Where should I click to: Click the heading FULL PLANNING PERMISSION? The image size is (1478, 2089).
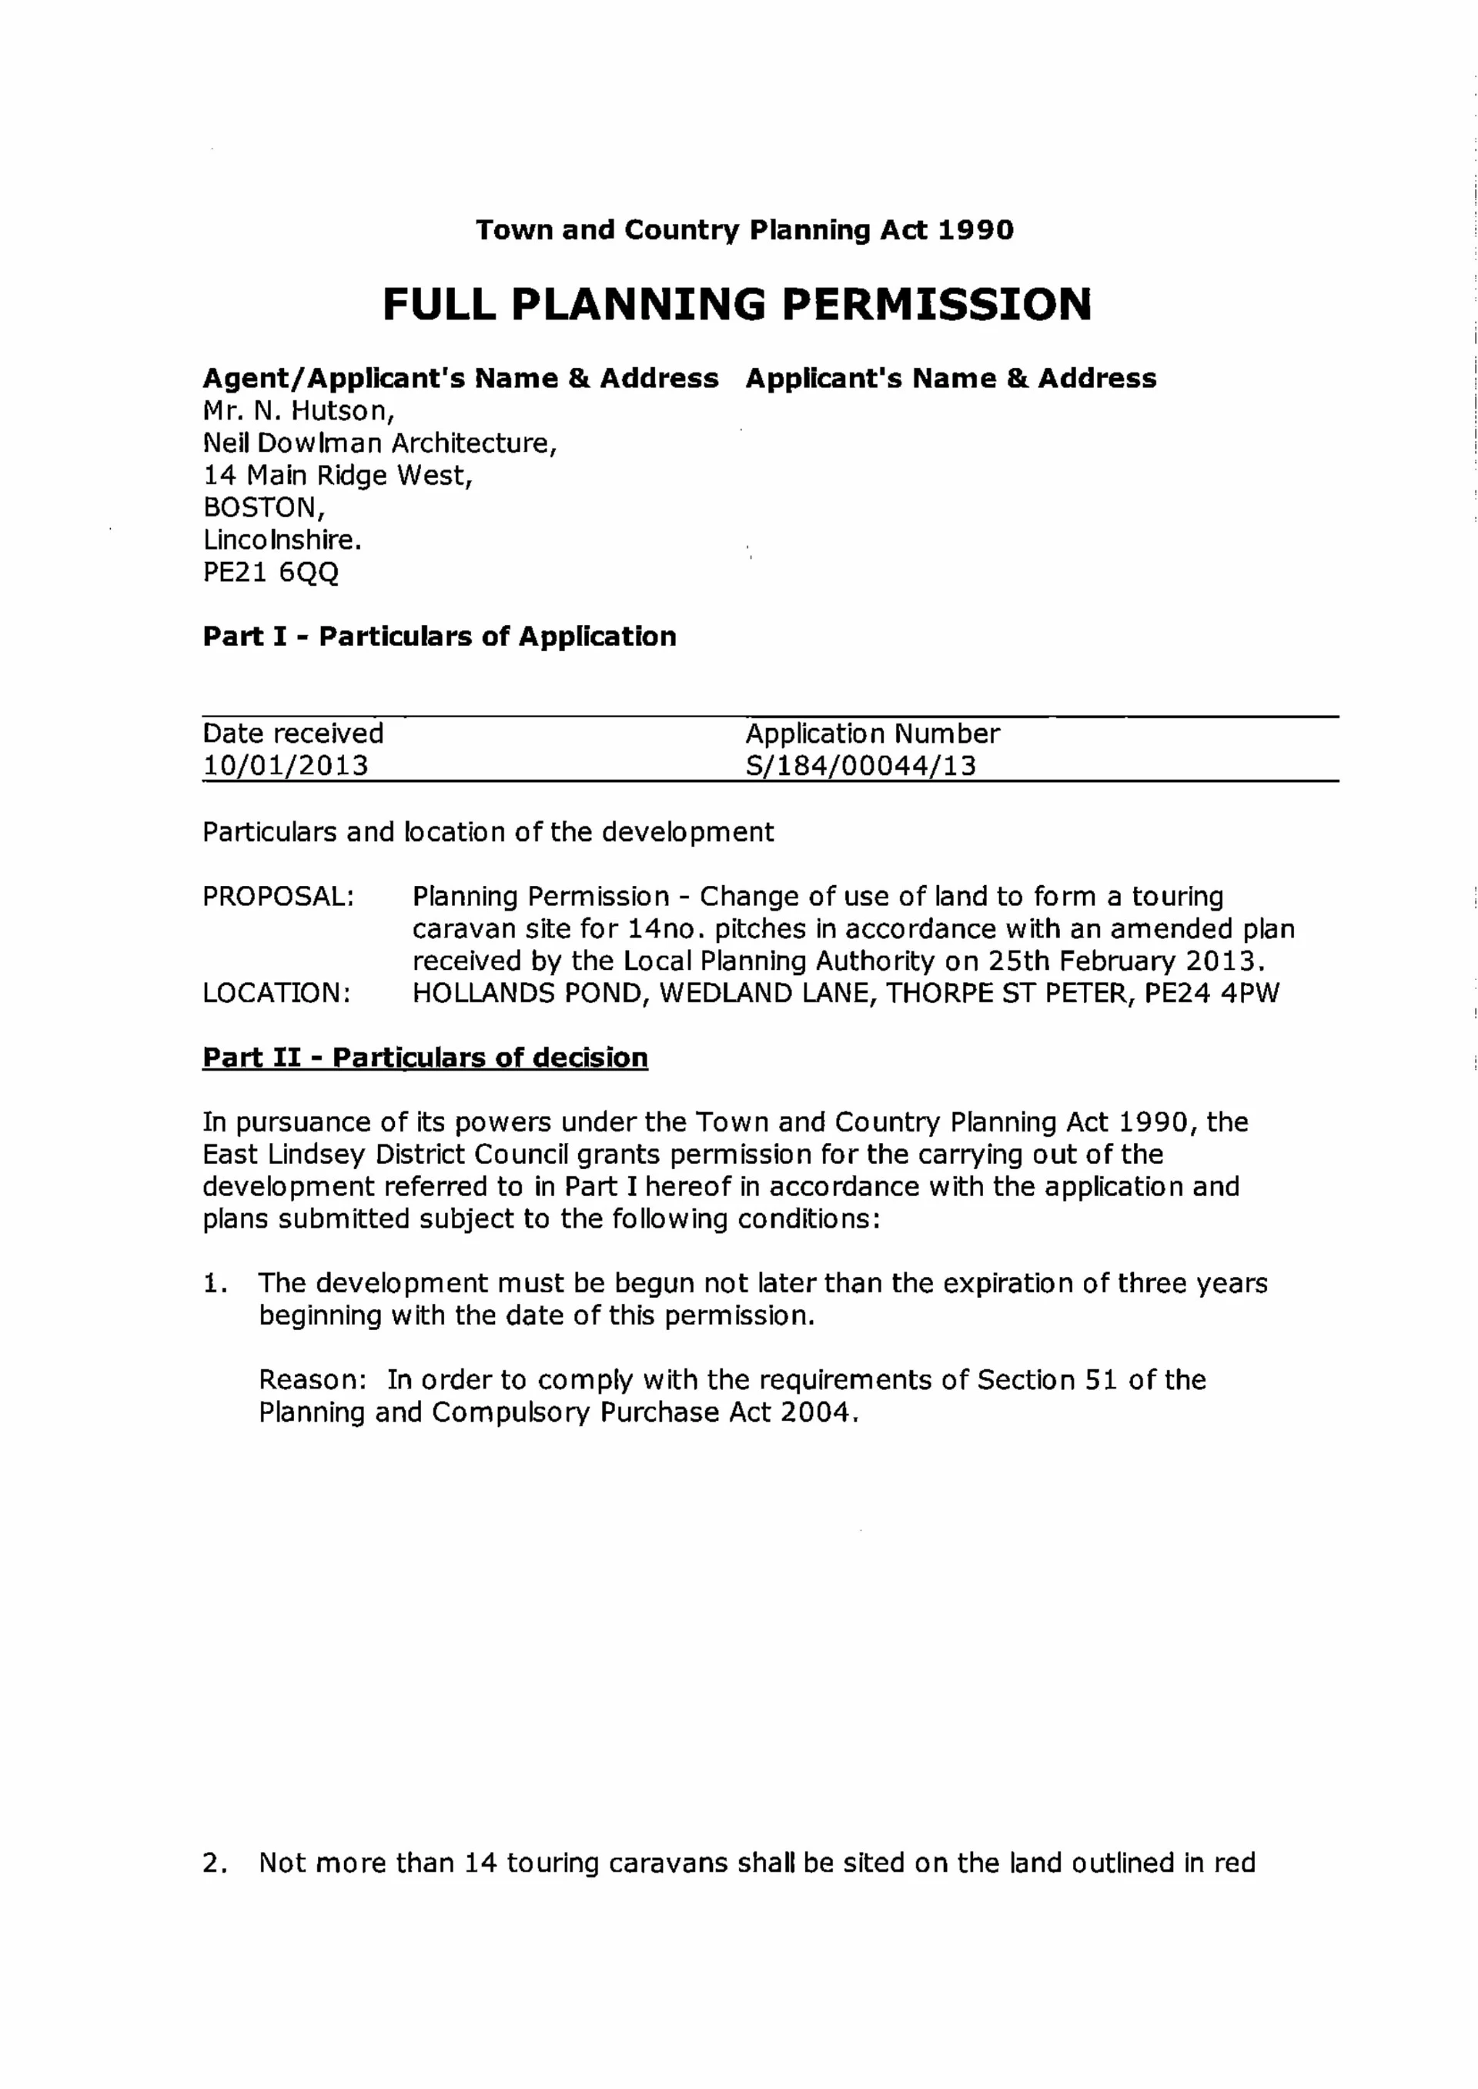click(x=737, y=305)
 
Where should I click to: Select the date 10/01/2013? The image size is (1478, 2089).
click(x=285, y=765)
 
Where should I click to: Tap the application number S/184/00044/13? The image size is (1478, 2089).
click(x=860, y=765)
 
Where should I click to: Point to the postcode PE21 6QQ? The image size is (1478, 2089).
click(x=270, y=573)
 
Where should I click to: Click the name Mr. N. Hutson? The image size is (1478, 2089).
click(x=299, y=411)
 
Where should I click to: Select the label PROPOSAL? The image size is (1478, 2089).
click(x=279, y=896)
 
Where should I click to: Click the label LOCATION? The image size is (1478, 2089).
click(x=276, y=993)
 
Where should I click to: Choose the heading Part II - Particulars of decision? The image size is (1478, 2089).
click(x=425, y=1058)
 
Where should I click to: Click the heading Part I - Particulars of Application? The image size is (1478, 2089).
click(x=440, y=636)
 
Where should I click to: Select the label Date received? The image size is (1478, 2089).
click(x=293, y=734)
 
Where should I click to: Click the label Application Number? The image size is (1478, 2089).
click(x=872, y=734)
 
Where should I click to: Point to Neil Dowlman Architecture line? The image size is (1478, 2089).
click(x=380, y=443)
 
